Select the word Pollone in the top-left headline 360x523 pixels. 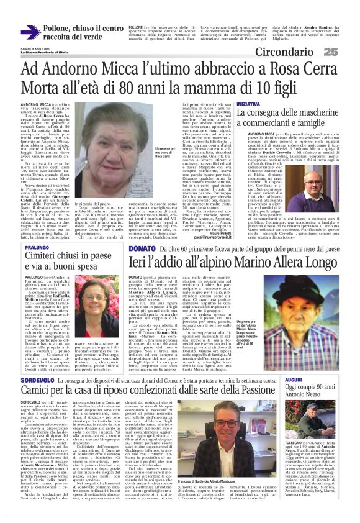[x=61, y=28]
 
